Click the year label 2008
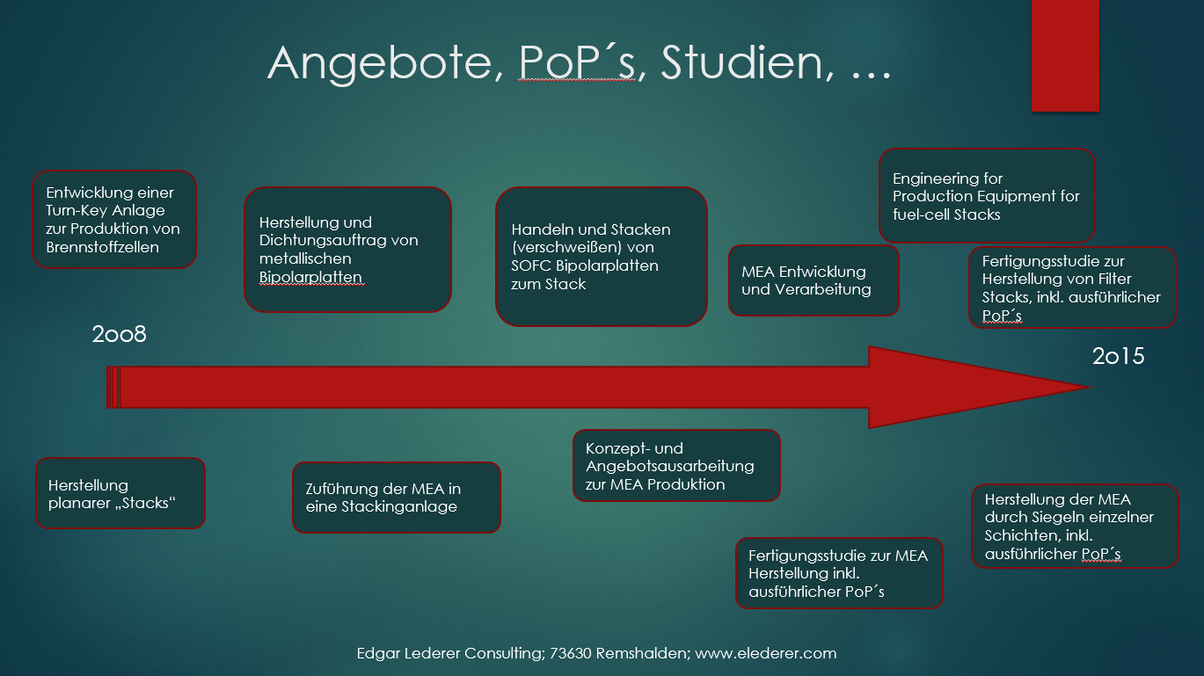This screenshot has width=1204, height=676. (x=119, y=334)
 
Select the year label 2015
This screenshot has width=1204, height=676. (x=1118, y=356)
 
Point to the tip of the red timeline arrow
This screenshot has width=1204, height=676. (x=1087, y=387)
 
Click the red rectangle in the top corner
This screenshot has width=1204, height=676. (x=1065, y=55)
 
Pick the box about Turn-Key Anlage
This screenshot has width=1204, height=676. (x=114, y=219)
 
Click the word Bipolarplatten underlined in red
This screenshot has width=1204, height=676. (x=310, y=277)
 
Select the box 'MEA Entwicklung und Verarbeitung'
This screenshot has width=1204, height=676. (x=814, y=280)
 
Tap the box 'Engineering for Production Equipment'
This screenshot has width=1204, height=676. (x=986, y=196)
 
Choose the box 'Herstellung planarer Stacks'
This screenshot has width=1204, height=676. (x=120, y=493)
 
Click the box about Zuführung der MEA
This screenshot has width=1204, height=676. (x=396, y=498)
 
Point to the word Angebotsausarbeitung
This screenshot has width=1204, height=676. (x=669, y=466)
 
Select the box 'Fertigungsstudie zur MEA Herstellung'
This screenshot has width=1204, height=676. (x=839, y=573)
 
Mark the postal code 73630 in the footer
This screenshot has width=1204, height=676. (x=571, y=653)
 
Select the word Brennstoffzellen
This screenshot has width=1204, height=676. (x=103, y=246)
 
